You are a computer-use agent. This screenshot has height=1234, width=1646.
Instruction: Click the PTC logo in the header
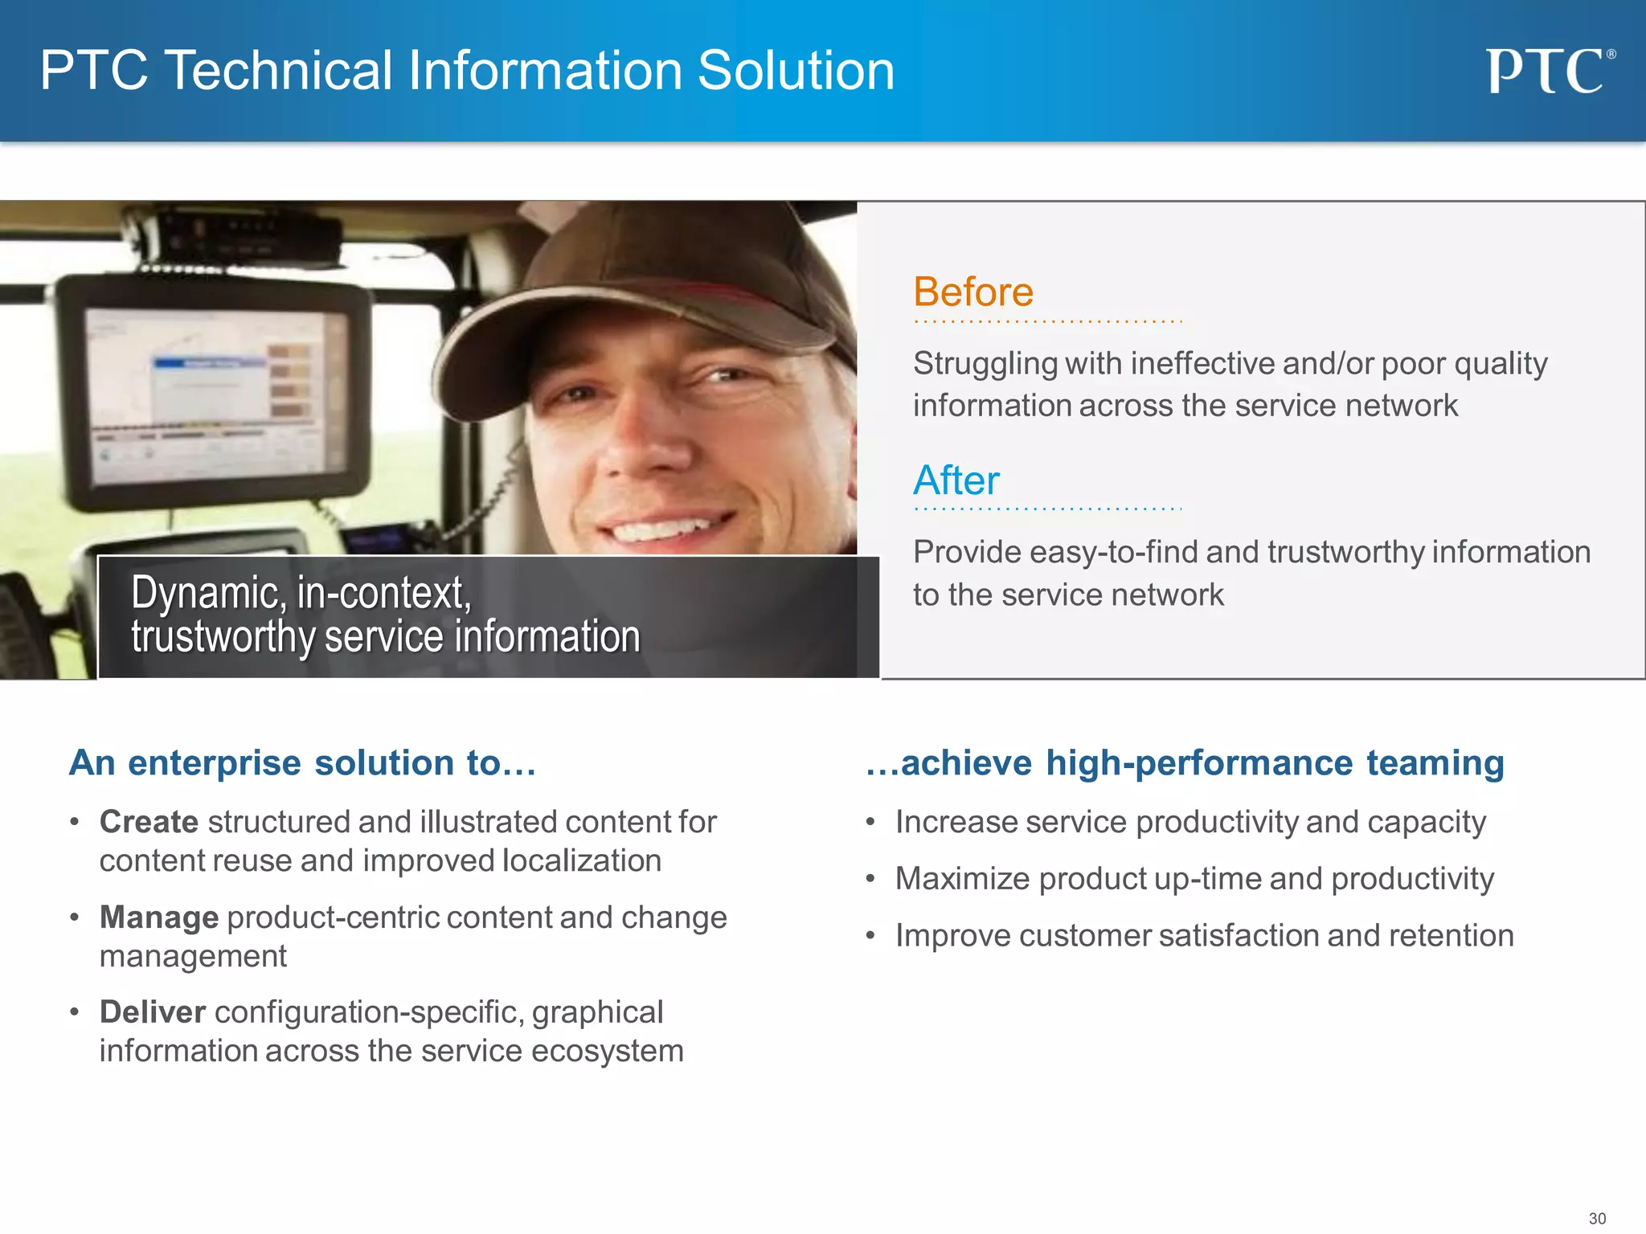point(1548,71)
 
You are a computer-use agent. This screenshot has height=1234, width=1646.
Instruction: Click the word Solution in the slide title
point(796,71)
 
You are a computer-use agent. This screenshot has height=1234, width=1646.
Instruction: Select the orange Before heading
point(972,292)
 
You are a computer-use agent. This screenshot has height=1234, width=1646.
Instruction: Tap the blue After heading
point(956,480)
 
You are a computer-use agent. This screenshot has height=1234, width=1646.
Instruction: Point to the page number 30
point(1596,1218)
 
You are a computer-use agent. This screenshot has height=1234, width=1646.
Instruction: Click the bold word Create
point(149,822)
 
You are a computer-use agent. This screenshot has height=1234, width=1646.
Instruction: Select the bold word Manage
point(158,917)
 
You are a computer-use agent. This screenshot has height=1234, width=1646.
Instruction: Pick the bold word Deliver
point(153,1012)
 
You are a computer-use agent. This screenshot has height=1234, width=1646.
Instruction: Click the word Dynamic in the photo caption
point(205,593)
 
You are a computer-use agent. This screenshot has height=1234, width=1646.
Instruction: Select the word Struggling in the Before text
point(985,364)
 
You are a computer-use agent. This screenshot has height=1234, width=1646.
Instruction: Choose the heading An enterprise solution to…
point(302,762)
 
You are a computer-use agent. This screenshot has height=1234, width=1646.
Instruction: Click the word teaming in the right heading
point(1435,762)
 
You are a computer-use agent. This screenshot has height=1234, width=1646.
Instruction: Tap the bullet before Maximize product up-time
point(870,879)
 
